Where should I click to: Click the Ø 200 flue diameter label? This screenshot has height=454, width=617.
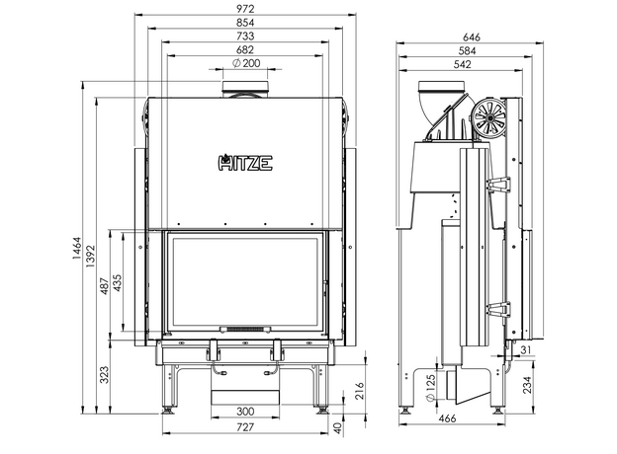click(x=246, y=64)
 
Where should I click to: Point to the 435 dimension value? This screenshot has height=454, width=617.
click(x=120, y=283)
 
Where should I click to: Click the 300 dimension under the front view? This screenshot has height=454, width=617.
click(x=246, y=411)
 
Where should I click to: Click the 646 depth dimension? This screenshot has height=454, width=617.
click(x=473, y=37)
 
